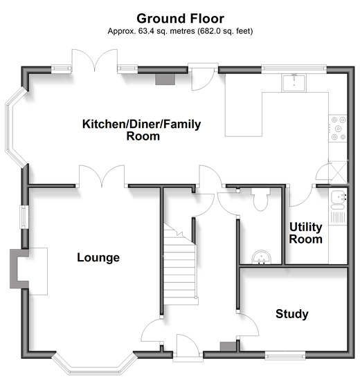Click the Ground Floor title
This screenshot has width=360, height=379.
[180, 19]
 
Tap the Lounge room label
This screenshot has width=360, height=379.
[98, 258]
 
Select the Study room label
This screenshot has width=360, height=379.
[291, 314]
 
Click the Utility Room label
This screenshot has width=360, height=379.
[306, 233]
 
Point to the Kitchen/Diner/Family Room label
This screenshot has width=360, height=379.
[142, 130]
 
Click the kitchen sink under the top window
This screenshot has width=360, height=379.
[294, 83]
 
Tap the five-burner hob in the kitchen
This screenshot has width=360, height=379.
[338, 129]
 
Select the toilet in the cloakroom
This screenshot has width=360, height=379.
[260, 199]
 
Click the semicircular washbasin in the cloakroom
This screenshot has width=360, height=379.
[261, 257]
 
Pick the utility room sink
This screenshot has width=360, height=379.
[339, 200]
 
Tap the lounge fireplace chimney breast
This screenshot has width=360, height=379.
[19, 269]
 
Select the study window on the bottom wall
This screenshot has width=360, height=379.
[285, 355]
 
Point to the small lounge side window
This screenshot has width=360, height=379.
[24, 216]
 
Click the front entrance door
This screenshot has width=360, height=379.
[188, 347]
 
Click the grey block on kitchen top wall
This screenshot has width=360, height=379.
[165, 80]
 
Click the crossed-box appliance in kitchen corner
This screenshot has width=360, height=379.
[338, 172]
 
